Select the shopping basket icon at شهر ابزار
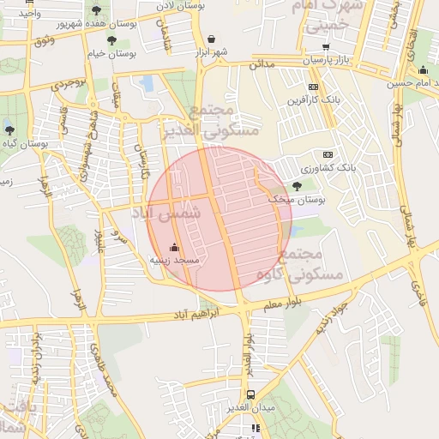(x=211, y=39)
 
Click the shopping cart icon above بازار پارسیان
(x=325, y=48)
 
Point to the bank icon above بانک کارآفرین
(x=313, y=87)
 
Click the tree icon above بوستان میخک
(x=297, y=185)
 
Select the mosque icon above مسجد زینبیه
(x=175, y=247)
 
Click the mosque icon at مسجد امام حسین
(x=423, y=70)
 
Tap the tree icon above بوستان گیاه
(x=9, y=130)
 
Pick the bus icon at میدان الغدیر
(x=250, y=395)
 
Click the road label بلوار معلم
(x=284, y=303)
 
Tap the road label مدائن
(x=262, y=64)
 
